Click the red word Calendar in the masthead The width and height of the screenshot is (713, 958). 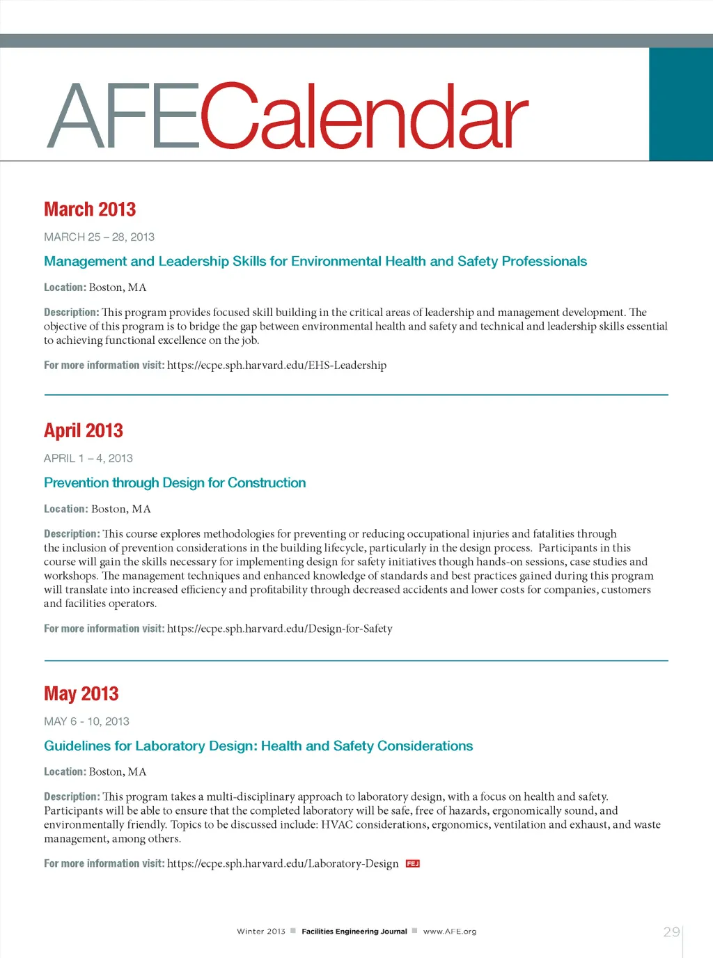[364, 116]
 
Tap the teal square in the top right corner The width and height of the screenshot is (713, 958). [680, 104]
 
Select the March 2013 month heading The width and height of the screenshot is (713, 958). [90, 210]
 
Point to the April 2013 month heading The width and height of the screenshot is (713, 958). [84, 431]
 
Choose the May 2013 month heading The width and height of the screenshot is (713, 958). [81, 694]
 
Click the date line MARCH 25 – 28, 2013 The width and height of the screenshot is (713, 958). [99, 237]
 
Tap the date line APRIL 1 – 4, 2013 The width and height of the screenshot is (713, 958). [88, 459]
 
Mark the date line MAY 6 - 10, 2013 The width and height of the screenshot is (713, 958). [86, 722]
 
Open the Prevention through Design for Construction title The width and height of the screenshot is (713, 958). [175, 483]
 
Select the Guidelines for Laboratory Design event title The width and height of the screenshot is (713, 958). [258, 746]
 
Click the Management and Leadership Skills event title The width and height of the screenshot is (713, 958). [315, 262]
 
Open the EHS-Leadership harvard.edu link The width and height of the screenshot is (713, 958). [276, 366]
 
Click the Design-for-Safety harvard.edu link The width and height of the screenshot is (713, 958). [280, 629]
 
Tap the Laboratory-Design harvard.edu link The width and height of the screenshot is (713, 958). [283, 864]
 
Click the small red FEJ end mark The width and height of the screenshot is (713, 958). [413, 864]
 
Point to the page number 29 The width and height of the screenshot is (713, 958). [671, 932]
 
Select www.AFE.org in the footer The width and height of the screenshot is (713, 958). [450, 932]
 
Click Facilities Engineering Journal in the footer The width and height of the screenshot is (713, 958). [354, 932]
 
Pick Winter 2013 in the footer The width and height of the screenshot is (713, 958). [261, 932]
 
